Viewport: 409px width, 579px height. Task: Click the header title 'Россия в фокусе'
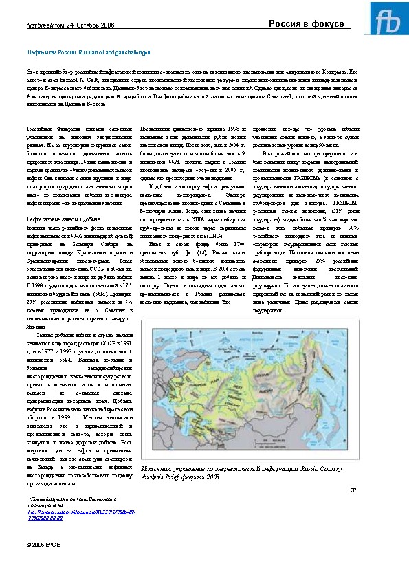tap(306, 24)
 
